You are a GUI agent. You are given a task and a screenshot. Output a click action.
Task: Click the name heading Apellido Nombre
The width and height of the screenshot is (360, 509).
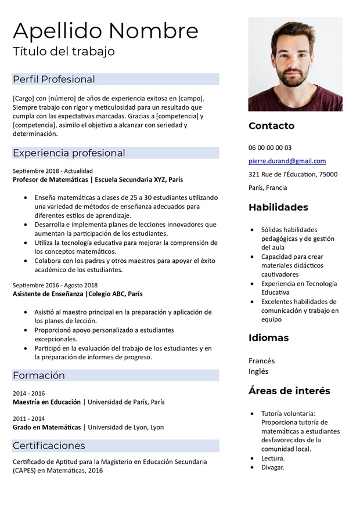(x=105, y=30)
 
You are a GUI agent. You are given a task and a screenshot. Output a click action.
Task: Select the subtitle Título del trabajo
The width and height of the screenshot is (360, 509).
(x=64, y=51)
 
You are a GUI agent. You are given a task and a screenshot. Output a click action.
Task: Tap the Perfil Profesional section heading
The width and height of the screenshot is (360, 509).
(x=53, y=79)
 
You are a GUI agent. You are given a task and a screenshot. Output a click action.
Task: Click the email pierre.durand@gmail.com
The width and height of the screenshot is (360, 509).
(x=287, y=161)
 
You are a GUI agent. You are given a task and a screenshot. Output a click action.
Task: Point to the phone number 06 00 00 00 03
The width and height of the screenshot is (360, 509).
(x=270, y=147)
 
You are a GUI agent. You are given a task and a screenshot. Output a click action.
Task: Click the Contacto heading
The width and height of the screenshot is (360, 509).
(x=271, y=125)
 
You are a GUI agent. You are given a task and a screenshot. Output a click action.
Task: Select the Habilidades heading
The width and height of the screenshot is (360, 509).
(x=278, y=207)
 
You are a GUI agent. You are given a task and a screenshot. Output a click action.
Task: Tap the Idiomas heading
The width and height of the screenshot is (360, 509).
(x=268, y=338)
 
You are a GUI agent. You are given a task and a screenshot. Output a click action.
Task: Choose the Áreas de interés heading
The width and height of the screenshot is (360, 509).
(x=289, y=391)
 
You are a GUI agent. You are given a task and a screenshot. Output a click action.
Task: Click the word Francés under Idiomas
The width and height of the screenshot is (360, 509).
(x=261, y=361)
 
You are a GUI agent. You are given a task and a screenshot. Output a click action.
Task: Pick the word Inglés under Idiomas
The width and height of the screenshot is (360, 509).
(x=258, y=371)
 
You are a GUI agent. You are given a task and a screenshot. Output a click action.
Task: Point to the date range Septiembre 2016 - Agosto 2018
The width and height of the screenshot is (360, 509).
(x=55, y=285)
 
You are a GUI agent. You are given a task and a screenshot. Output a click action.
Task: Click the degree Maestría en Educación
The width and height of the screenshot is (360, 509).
(x=46, y=402)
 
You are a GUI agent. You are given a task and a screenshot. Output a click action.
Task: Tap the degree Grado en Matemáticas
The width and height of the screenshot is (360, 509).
(x=46, y=427)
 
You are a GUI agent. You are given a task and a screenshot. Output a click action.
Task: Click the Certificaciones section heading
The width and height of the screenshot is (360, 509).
(x=49, y=446)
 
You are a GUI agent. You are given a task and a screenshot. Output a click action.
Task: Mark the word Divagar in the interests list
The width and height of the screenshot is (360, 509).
(x=272, y=467)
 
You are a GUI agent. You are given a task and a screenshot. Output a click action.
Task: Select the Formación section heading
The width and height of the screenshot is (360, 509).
(x=39, y=376)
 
